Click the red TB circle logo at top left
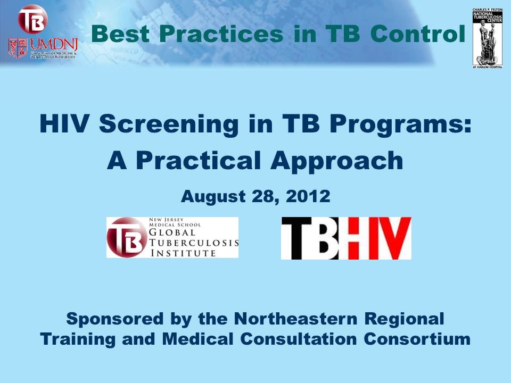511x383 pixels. pyautogui.click(x=33, y=20)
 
